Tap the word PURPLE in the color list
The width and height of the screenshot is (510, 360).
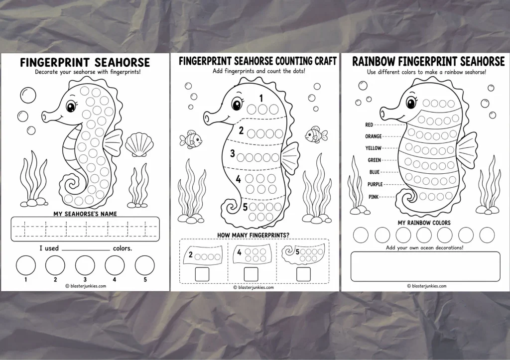point(375,184)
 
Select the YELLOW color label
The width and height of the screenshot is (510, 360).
point(373,148)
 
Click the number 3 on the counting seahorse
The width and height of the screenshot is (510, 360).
point(232,153)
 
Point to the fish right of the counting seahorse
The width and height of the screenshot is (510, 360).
point(316,134)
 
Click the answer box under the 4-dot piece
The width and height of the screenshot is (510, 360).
point(251,274)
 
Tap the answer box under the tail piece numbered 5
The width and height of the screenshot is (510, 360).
point(303,274)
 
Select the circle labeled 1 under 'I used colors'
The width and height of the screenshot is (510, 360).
point(26,265)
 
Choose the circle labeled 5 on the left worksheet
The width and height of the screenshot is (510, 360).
point(145,265)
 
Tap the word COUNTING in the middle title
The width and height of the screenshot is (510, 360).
point(294,61)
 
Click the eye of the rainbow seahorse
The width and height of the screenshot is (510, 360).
point(411,103)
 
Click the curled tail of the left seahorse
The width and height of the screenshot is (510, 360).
point(73,185)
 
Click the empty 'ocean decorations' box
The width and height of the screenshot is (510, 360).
point(425,266)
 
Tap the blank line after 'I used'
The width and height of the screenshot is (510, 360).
point(86,250)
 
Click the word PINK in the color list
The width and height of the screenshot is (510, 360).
point(374,197)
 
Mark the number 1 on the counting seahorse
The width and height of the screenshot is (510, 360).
point(261,98)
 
